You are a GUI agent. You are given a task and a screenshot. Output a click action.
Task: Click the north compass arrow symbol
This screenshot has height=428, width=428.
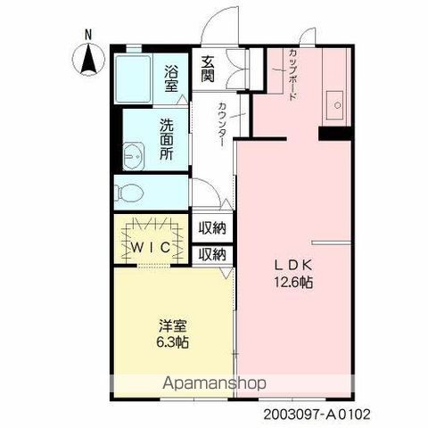click(x=88, y=60)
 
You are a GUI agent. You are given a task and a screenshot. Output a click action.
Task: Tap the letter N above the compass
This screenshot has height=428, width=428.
click(x=88, y=35)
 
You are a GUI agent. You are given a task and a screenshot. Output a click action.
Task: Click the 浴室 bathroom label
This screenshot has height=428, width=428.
click(x=171, y=79)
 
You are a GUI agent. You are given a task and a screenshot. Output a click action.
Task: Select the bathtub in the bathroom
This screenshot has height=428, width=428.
click(x=133, y=78)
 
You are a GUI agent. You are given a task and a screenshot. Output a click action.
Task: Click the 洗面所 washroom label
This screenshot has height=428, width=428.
click(x=167, y=139)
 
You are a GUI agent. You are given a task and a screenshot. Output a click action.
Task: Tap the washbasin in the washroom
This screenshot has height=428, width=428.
click(x=134, y=156)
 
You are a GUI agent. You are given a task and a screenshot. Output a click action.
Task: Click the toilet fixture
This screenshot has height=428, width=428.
click(x=129, y=193)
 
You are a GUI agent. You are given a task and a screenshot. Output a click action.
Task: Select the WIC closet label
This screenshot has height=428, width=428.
click(x=151, y=247)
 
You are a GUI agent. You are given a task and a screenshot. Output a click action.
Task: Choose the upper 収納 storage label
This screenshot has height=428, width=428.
click(x=212, y=227)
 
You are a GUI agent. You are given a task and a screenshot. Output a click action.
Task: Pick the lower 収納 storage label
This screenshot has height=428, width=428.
click(x=212, y=254)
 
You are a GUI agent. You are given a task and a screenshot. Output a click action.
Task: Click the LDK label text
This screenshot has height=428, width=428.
click(x=292, y=265)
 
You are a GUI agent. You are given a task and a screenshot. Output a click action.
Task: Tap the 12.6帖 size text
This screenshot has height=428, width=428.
click(x=293, y=282)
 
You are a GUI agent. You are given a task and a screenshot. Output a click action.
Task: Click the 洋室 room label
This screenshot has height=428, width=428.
click(x=172, y=325)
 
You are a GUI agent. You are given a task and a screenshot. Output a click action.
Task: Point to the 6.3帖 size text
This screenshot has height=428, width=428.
click(x=172, y=342)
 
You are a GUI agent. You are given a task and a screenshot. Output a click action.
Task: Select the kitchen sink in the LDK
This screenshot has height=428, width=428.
click(x=334, y=105)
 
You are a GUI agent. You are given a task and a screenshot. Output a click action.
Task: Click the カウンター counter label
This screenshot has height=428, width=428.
click(x=222, y=124)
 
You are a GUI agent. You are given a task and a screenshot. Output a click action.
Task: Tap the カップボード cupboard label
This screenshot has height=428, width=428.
click(x=292, y=75)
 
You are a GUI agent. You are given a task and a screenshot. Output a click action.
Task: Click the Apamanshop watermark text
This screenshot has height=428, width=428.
click(x=214, y=383)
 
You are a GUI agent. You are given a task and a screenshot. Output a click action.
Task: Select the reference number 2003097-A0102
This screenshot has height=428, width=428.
click(x=317, y=415)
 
